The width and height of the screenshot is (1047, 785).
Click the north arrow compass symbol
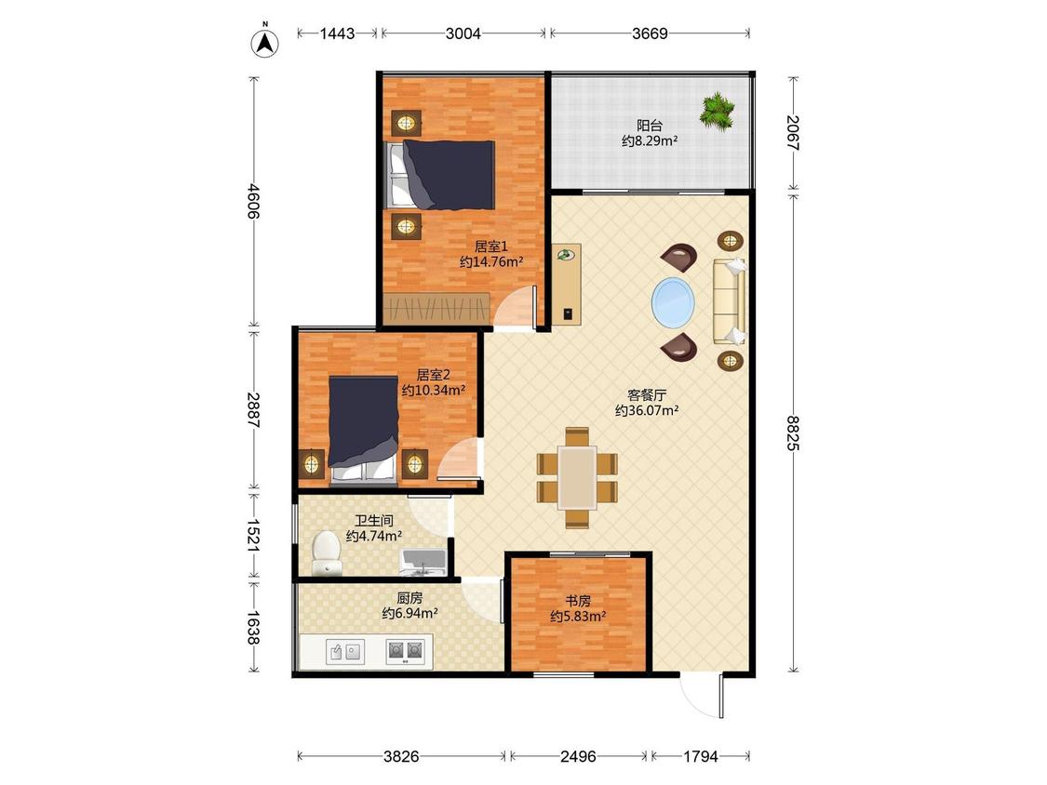point(265,42)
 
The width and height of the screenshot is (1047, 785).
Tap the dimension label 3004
point(463,33)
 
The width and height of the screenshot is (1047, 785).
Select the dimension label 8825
point(793,432)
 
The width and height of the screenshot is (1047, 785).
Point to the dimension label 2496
point(578,756)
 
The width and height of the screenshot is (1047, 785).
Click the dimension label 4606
point(254,201)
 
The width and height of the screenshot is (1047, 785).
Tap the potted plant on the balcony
point(718,111)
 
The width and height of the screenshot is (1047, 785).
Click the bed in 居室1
point(441,175)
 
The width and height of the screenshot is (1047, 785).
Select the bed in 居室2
point(363,429)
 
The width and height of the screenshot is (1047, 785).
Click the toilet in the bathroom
point(327,552)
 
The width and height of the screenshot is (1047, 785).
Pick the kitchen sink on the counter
point(345,651)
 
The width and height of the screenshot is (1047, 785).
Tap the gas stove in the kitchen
point(406,651)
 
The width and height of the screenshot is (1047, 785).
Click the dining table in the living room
point(578,477)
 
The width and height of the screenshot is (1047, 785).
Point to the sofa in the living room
point(729,301)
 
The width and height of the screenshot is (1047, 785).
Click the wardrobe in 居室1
point(437,309)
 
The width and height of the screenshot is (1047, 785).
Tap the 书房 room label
point(578,601)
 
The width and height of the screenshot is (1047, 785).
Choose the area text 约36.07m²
point(647,411)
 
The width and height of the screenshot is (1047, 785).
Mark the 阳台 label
point(650,125)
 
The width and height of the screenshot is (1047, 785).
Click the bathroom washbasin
point(423,562)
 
